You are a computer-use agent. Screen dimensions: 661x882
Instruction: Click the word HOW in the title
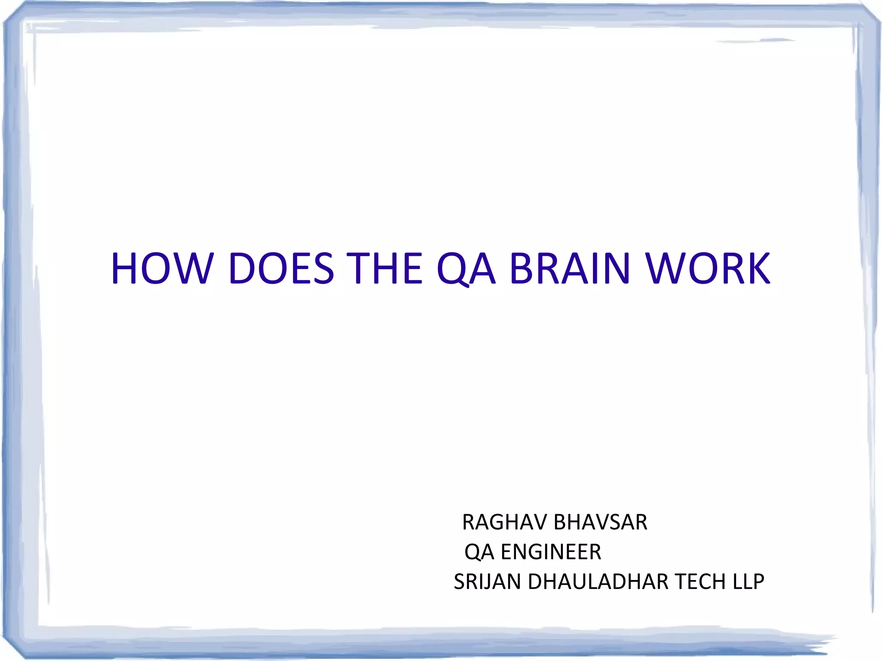pyautogui.click(x=161, y=269)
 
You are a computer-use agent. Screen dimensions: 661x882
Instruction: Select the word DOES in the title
pyautogui.click(x=281, y=269)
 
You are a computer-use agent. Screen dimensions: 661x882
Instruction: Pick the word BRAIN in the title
pyautogui.click(x=570, y=269)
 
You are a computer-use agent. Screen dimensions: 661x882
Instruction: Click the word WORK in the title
pyautogui.click(x=708, y=269)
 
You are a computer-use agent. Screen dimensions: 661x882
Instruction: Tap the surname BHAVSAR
pyautogui.click(x=600, y=522)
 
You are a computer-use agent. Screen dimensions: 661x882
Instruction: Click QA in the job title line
pyautogui.click(x=479, y=552)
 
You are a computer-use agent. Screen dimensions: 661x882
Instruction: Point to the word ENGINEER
pyautogui.click(x=551, y=552)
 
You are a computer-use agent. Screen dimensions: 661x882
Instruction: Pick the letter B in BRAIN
pyautogui.click(x=522, y=269)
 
